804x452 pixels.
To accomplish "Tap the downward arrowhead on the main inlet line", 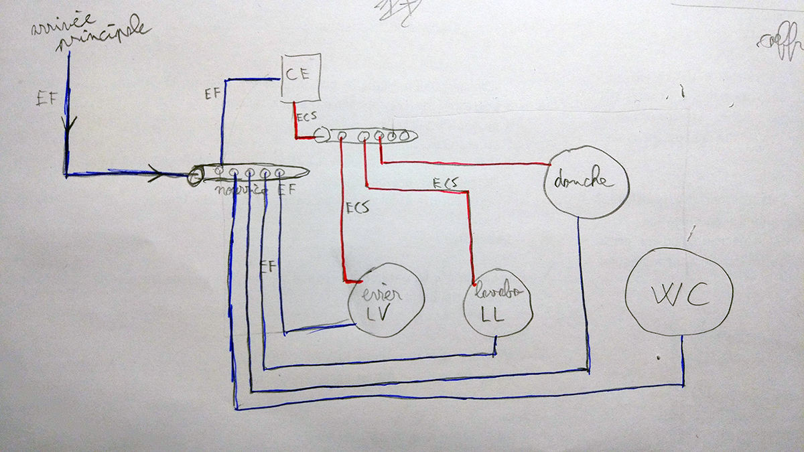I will [68, 125].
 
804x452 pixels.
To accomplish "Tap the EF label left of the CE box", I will [212, 93].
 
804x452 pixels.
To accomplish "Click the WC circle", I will [678, 291].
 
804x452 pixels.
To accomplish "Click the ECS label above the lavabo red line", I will [445, 182].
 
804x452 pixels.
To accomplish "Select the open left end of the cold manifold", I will [195, 176].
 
